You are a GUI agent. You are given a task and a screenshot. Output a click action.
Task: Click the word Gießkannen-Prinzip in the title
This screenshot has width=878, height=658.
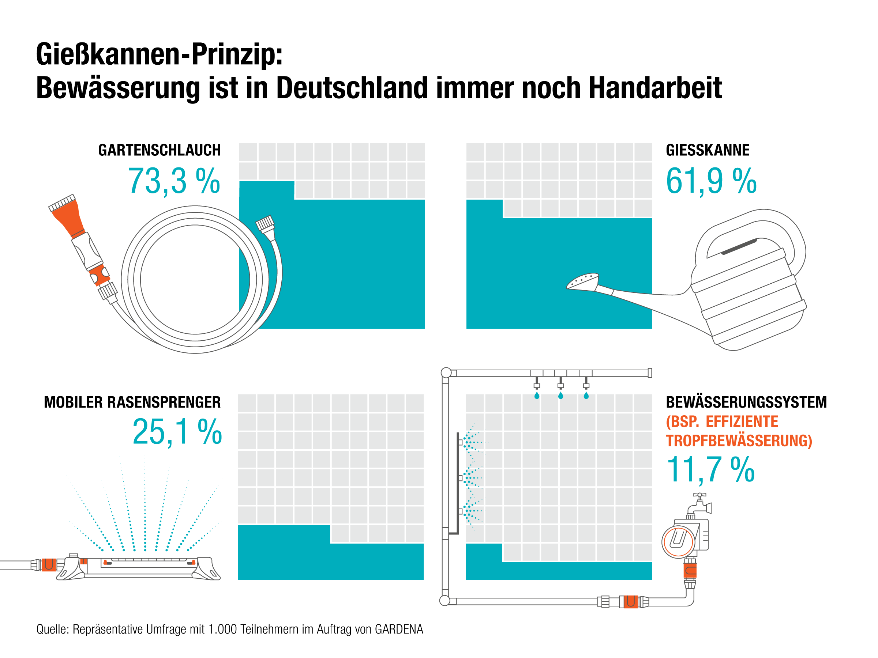(159, 55)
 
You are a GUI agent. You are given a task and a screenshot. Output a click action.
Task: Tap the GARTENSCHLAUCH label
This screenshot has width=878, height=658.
(159, 150)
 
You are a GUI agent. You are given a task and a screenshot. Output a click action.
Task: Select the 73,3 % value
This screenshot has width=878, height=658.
(174, 181)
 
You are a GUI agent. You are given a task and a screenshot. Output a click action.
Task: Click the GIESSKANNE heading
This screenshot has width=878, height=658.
(707, 150)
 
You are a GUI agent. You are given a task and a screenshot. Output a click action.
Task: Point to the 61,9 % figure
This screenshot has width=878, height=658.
(711, 181)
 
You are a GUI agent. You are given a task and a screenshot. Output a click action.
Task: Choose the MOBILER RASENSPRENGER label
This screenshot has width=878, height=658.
(132, 402)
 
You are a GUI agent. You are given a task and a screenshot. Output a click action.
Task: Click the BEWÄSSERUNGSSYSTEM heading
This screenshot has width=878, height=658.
(746, 402)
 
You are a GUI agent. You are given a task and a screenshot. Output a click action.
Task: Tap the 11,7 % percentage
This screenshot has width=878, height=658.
(710, 470)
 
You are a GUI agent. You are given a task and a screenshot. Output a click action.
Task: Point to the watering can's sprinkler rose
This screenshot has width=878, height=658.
(582, 281)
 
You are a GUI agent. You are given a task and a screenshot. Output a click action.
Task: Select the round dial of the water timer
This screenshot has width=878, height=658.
(678, 541)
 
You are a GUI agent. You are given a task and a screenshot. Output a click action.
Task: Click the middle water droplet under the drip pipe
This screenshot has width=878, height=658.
(560, 396)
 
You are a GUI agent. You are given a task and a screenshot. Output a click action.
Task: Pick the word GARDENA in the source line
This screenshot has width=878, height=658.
(399, 629)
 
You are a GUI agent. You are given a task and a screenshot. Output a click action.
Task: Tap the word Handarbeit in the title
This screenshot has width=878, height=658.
(655, 88)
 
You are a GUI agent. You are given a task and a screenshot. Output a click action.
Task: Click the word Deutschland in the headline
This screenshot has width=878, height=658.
(352, 88)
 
